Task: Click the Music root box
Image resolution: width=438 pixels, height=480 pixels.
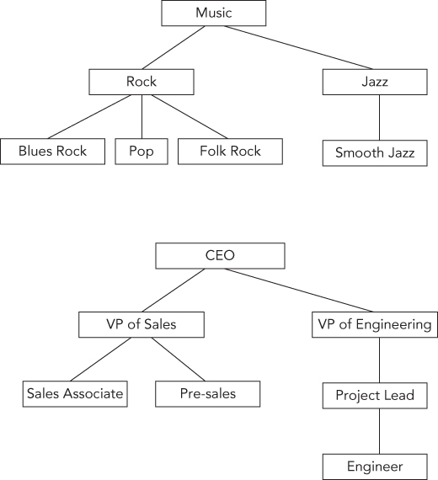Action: pyautogui.click(x=213, y=13)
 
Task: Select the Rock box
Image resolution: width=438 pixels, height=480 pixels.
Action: pyautogui.click(x=141, y=82)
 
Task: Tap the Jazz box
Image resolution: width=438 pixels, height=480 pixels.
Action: pyautogui.click(x=375, y=82)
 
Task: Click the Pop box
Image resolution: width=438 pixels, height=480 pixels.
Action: pyautogui.click(x=141, y=152)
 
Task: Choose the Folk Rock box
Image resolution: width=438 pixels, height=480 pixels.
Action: pyautogui.click(x=230, y=152)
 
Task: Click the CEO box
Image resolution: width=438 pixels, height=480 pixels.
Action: pyautogui.click(x=221, y=256)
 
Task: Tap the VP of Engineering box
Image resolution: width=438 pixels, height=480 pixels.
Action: pyautogui.click(x=375, y=324)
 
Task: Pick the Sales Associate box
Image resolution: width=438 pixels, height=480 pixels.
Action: pyautogui.click(x=75, y=394)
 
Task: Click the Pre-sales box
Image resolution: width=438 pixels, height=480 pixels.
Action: pyautogui.click(x=206, y=394)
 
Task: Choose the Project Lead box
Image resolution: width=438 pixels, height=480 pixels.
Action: pyautogui.click(x=375, y=396)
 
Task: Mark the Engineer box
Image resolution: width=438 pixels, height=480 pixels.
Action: pyautogui.click(x=375, y=466)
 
